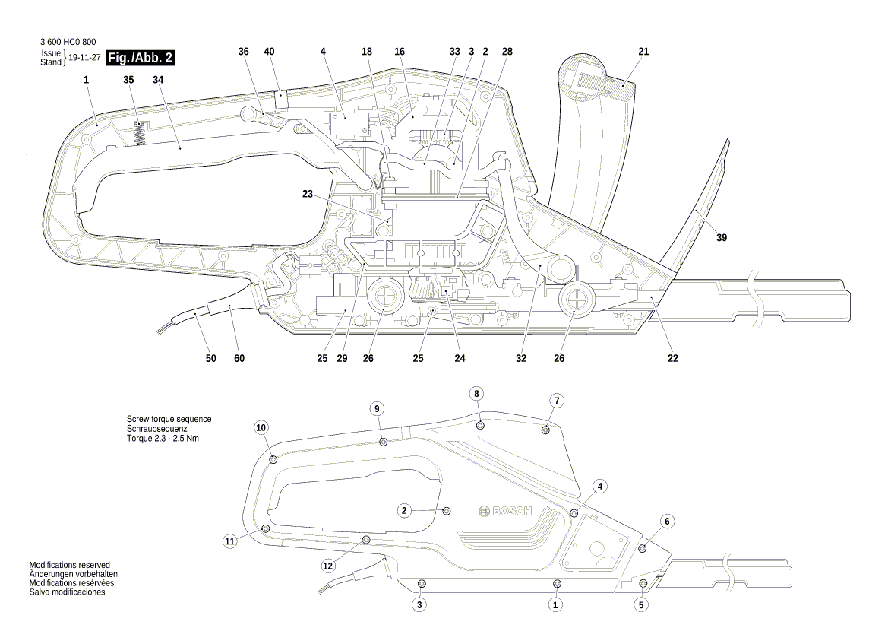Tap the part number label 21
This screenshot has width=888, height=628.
(x=643, y=51)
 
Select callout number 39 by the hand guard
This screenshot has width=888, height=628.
(x=722, y=238)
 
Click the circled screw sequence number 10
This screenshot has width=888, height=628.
(x=261, y=428)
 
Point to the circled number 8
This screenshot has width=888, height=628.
(x=476, y=394)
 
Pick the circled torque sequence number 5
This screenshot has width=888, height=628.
(x=642, y=605)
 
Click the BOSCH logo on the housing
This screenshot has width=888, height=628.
(x=506, y=512)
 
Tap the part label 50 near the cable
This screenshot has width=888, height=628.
(x=210, y=358)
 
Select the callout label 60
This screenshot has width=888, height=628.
(x=240, y=358)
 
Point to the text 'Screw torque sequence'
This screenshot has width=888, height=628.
(x=169, y=419)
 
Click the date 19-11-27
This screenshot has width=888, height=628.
(x=84, y=58)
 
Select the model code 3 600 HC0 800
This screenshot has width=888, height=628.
(x=68, y=42)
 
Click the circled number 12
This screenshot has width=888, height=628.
(x=328, y=566)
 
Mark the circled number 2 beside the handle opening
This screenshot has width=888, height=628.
(x=406, y=510)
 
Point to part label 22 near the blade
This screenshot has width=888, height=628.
(x=673, y=358)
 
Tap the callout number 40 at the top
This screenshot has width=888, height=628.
(x=269, y=51)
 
